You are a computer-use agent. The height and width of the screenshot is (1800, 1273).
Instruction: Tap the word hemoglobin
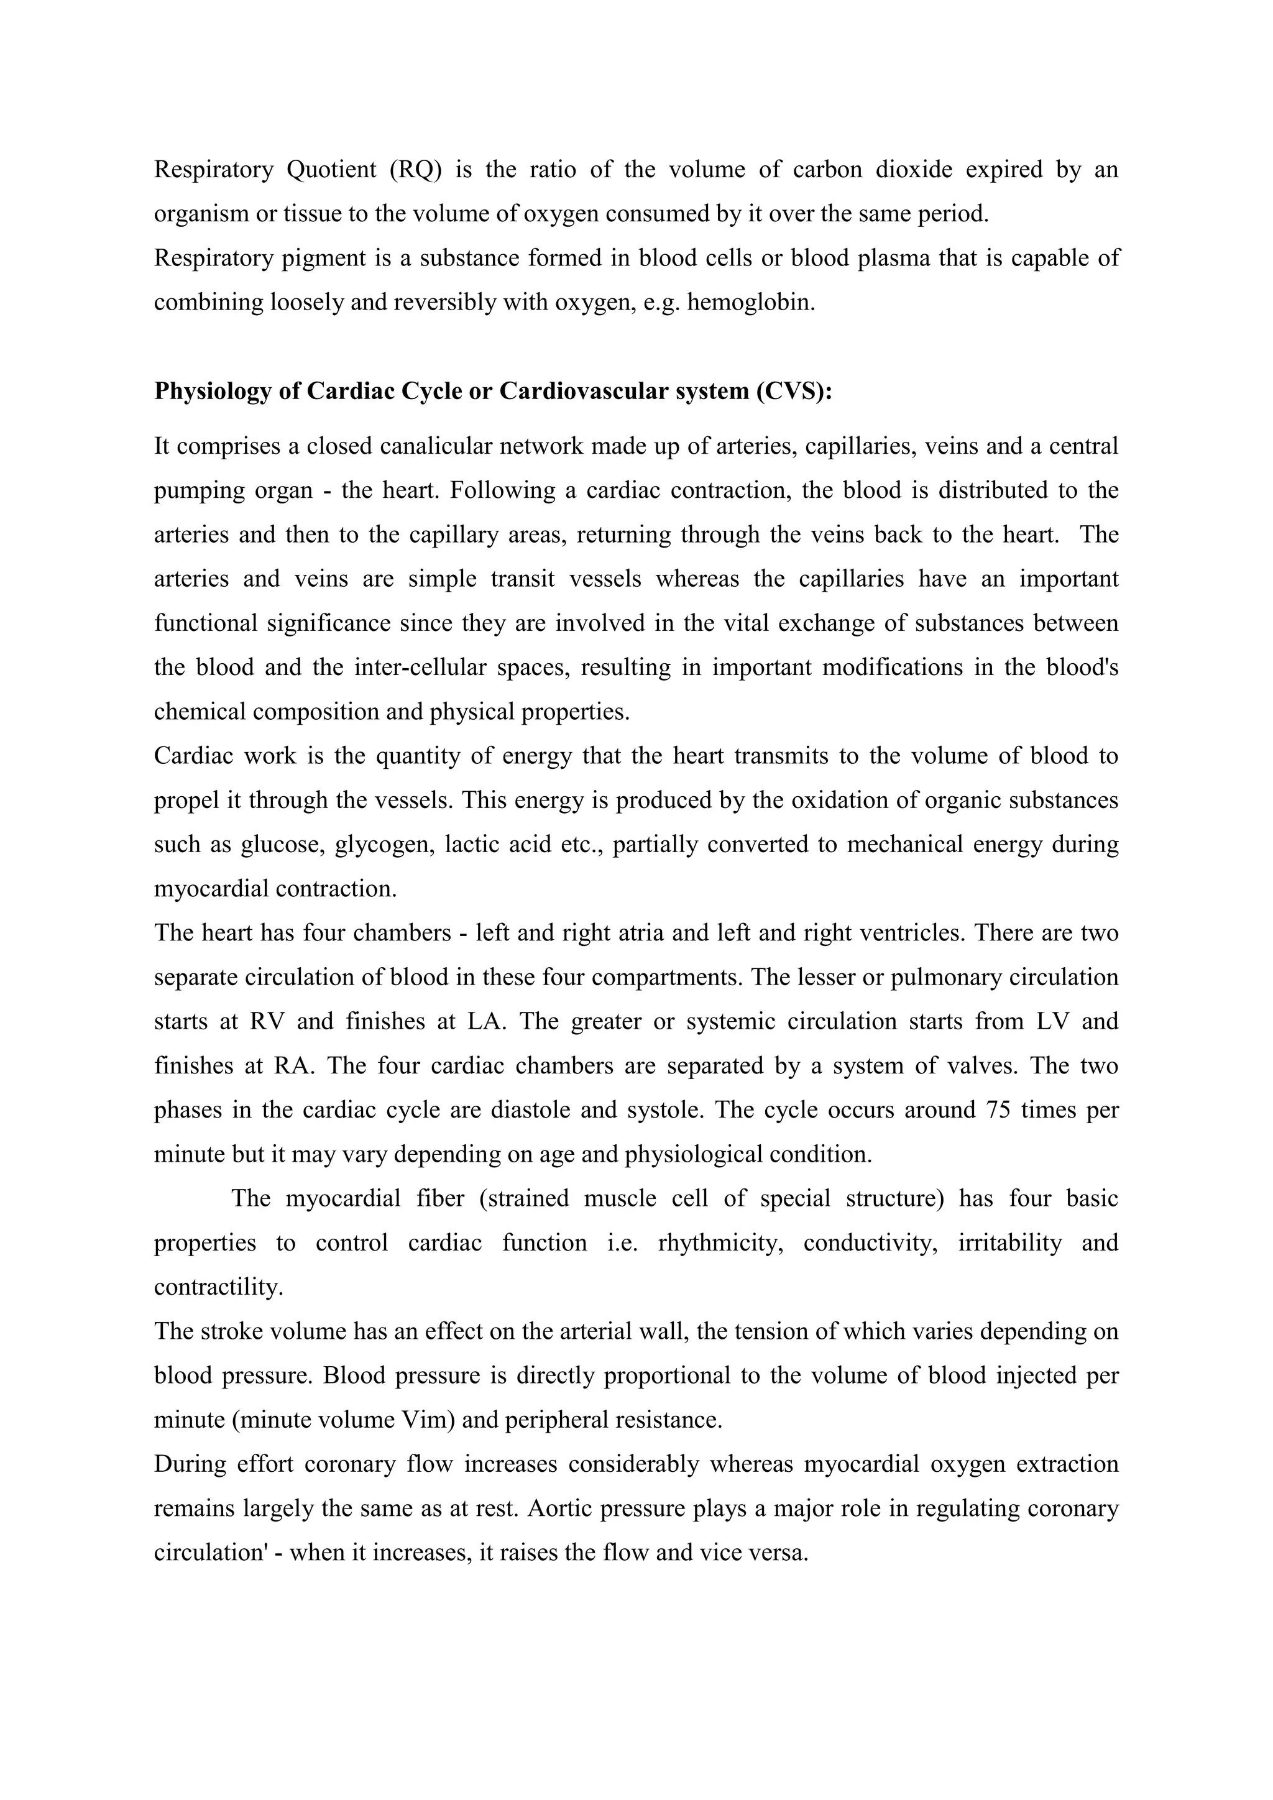click(x=750, y=303)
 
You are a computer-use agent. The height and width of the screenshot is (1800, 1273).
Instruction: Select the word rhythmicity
click(x=720, y=1243)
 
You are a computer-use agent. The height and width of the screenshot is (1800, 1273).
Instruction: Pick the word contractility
click(x=219, y=1287)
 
